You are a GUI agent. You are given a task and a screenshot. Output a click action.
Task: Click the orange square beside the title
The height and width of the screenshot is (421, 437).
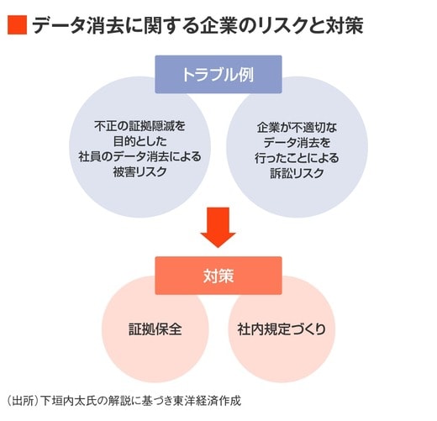pyautogui.click(x=17, y=25)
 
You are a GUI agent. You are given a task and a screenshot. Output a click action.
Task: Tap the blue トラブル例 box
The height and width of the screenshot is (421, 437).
pyautogui.click(x=218, y=74)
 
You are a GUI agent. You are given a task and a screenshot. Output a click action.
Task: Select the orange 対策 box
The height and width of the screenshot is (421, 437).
pyautogui.click(x=218, y=276)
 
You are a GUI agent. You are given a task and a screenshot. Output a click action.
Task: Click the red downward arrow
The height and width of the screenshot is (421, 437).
pyautogui.click(x=218, y=227)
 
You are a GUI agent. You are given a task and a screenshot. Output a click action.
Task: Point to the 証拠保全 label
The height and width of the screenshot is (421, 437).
pyautogui.click(x=155, y=329)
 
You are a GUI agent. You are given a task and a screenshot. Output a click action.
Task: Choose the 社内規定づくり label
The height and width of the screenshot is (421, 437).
pyautogui.click(x=282, y=329)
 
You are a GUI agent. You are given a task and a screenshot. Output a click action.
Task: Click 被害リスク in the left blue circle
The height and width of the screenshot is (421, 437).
pyautogui.click(x=140, y=171)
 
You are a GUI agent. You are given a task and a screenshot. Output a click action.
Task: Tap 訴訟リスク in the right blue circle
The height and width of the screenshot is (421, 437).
pyautogui.click(x=297, y=173)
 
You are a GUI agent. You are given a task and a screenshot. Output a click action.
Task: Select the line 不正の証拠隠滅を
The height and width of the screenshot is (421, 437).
pyautogui.click(x=140, y=126)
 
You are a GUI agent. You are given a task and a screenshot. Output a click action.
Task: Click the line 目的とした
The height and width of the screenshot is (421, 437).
pyautogui.click(x=140, y=141)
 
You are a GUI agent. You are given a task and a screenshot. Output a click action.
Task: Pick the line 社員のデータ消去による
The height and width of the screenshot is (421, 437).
pyautogui.click(x=140, y=156)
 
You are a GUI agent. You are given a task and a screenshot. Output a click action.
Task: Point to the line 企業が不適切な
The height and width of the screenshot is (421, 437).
pyautogui.click(x=297, y=128)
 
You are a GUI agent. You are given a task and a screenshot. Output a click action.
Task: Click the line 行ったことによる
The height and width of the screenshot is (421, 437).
pyautogui.click(x=297, y=158)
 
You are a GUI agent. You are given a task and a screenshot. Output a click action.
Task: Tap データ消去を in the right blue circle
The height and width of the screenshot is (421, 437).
pyautogui.click(x=297, y=143)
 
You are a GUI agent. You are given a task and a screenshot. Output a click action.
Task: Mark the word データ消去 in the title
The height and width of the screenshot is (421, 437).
pyautogui.click(x=78, y=25)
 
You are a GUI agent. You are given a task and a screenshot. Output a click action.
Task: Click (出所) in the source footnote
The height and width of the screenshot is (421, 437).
pyautogui.click(x=23, y=401)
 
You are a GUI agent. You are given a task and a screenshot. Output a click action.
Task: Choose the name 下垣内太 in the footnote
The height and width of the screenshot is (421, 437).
pyautogui.click(x=63, y=401)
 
